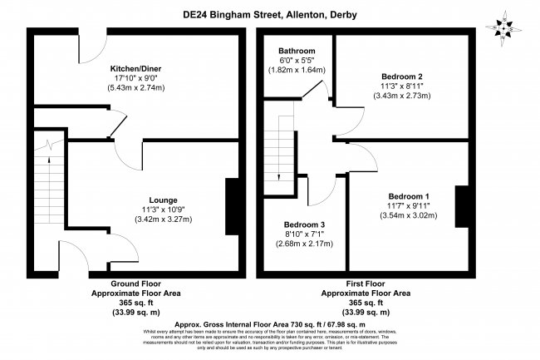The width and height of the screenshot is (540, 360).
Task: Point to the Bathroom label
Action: point(297,50)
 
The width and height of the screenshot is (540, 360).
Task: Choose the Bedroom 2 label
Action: point(394,76)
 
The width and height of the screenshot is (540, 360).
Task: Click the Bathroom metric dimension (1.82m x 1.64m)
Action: point(297,71)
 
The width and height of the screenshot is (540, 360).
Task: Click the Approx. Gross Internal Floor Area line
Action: point(271,323)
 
